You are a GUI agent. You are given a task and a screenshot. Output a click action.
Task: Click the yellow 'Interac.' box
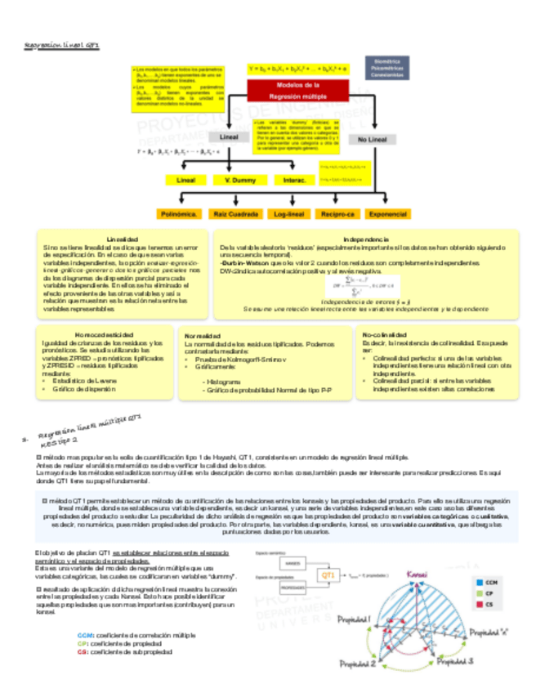click(x=289, y=180)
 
